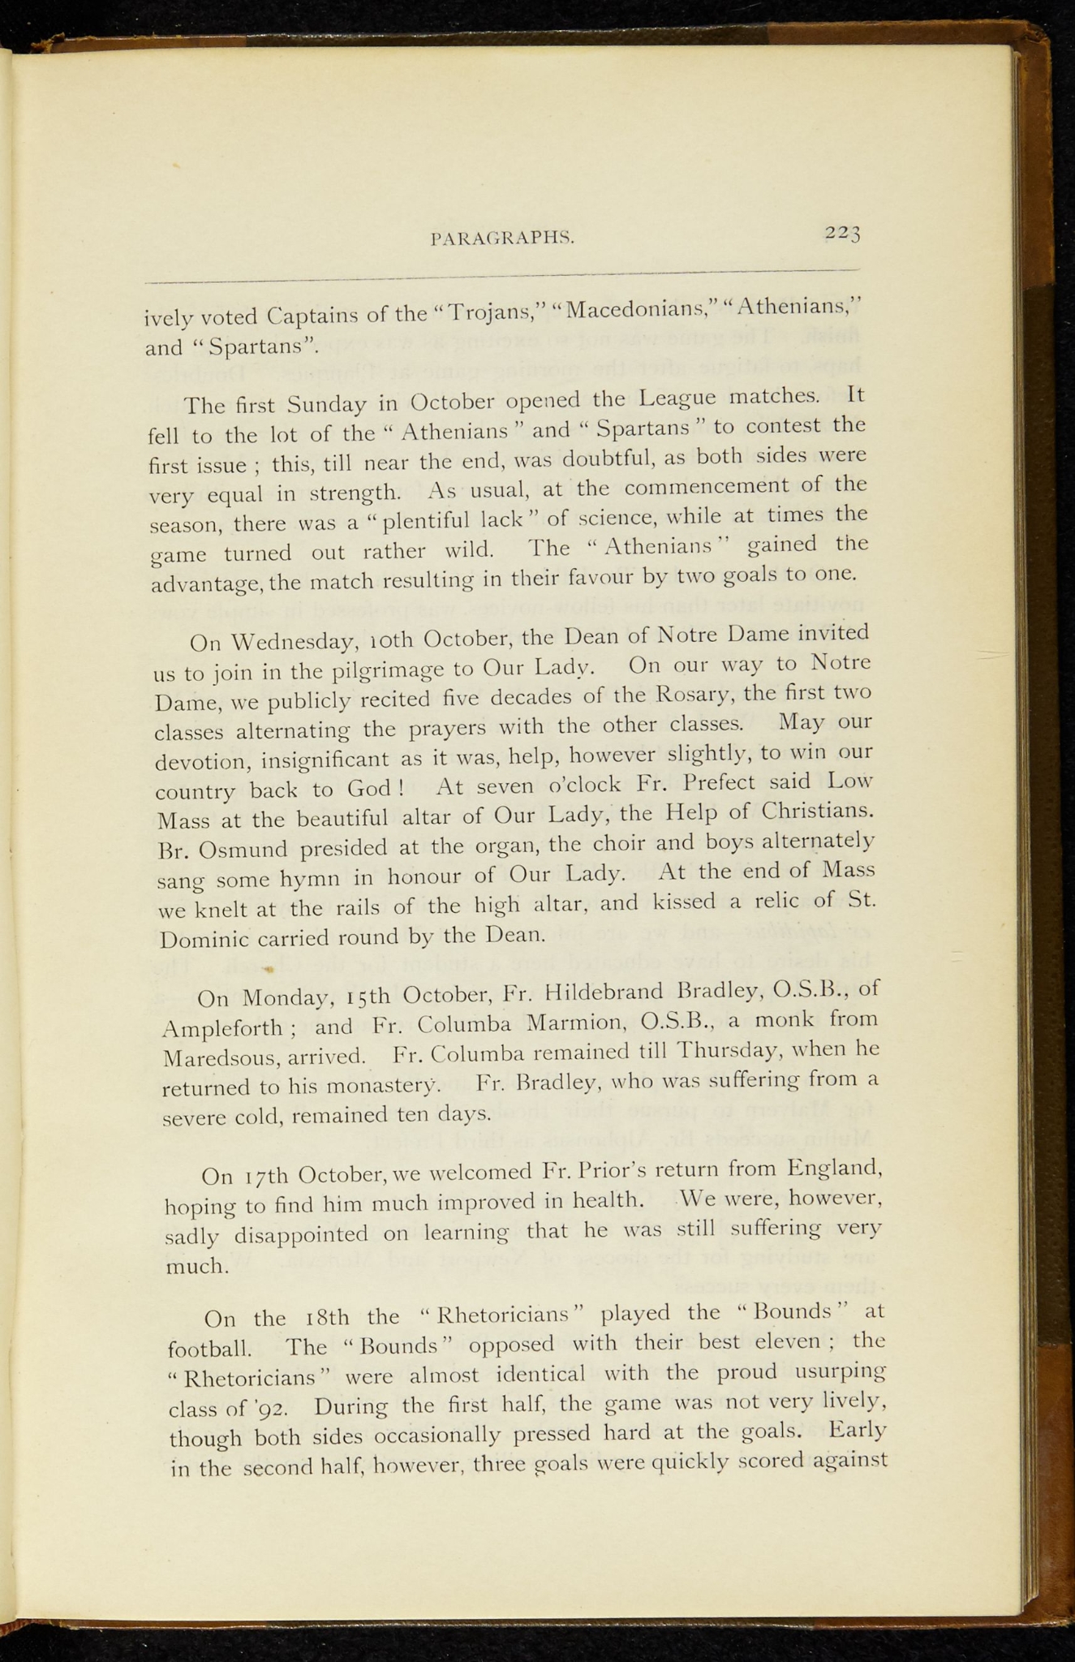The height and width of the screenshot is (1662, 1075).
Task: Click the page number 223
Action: pyautogui.click(x=843, y=234)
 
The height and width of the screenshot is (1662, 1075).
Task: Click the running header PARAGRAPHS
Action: pyautogui.click(x=503, y=239)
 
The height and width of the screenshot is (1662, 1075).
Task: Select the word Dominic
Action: pyautogui.click(x=205, y=939)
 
